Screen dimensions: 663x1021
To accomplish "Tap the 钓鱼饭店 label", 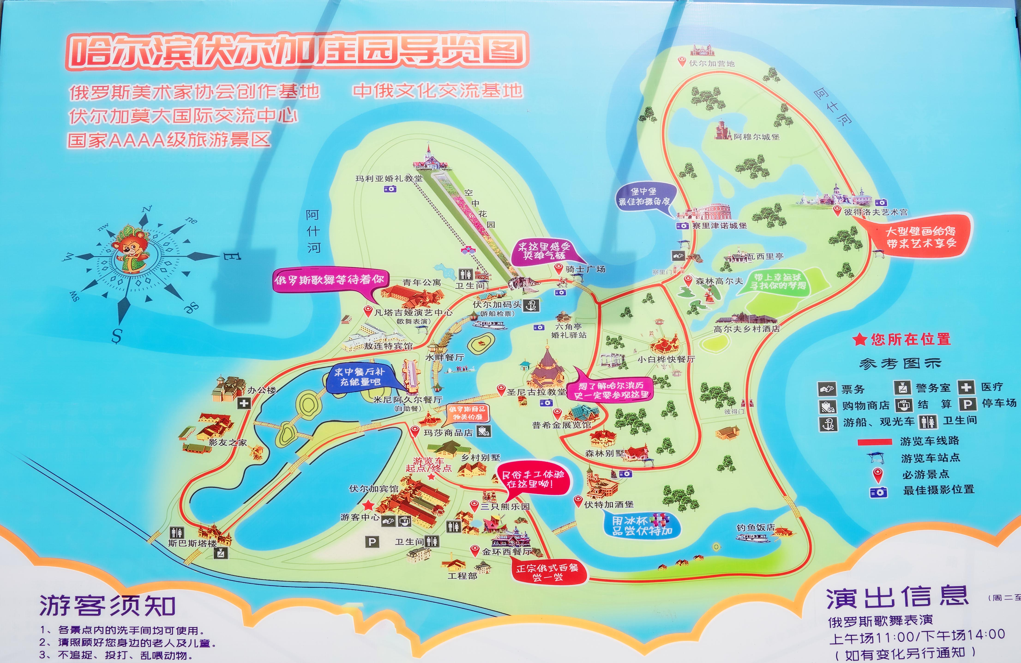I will (x=755, y=527).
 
